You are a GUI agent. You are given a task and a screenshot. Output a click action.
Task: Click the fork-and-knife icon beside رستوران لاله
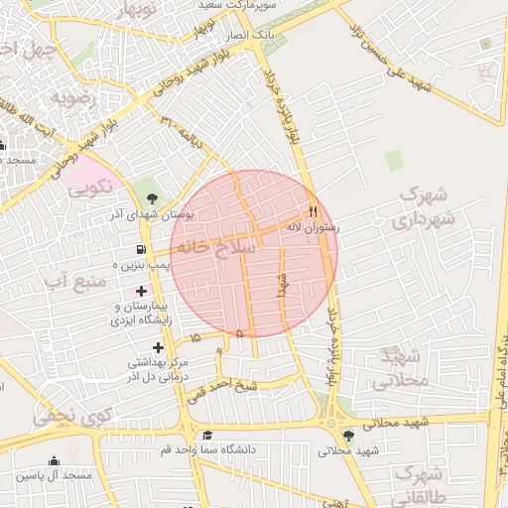[314, 210]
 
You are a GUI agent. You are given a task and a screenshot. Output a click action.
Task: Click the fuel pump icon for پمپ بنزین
[141, 249]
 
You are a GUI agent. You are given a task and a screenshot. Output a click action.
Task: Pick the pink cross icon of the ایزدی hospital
[141, 291]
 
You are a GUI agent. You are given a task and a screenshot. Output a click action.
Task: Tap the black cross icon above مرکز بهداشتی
[158, 346]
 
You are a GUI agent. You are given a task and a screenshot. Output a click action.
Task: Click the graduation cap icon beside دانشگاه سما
[207, 435]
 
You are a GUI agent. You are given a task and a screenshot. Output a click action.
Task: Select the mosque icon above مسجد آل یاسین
[54, 461]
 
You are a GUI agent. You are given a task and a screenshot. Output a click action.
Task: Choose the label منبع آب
[74, 283]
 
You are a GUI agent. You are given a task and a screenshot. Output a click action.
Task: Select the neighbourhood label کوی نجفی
[67, 417]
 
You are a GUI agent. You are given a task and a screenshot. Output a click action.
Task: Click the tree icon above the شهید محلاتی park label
[348, 435]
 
